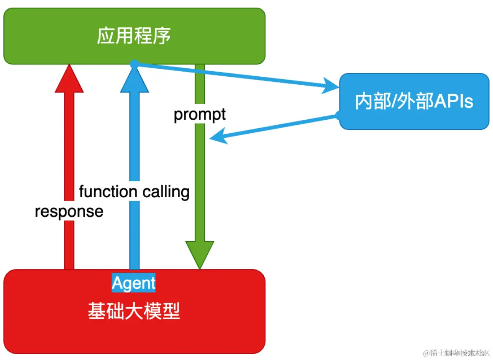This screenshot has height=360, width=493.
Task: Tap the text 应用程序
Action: click(134, 36)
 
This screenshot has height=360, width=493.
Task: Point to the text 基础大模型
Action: click(134, 312)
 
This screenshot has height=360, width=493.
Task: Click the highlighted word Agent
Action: click(134, 283)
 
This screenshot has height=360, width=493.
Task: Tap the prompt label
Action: click(200, 114)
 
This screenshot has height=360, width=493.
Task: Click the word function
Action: click(108, 192)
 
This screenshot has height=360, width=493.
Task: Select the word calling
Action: click(166, 192)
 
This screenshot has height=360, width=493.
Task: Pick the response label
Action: click(69, 211)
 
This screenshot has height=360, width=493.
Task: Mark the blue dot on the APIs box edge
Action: click(339, 114)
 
